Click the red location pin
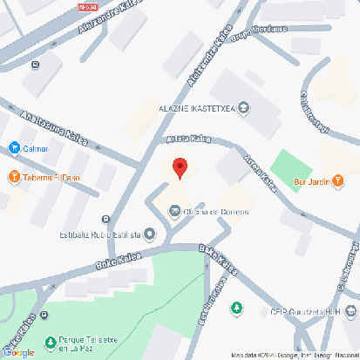click(x=180, y=168)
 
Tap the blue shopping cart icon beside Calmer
click(x=14, y=148)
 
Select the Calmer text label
click(x=36, y=148)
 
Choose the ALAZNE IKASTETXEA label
click(x=196, y=108)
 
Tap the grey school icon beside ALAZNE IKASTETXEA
click(x=243, y=108)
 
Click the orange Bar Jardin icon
click(x=339, y=181)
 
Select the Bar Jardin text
click(x=312, y=181)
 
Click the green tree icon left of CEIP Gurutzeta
click(x=235, y=309)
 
